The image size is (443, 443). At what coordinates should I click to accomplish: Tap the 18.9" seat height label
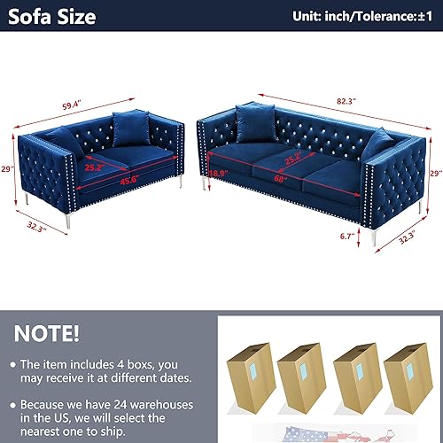coord(218,176)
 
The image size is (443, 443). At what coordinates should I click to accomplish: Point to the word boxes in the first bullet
coord(149,364)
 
